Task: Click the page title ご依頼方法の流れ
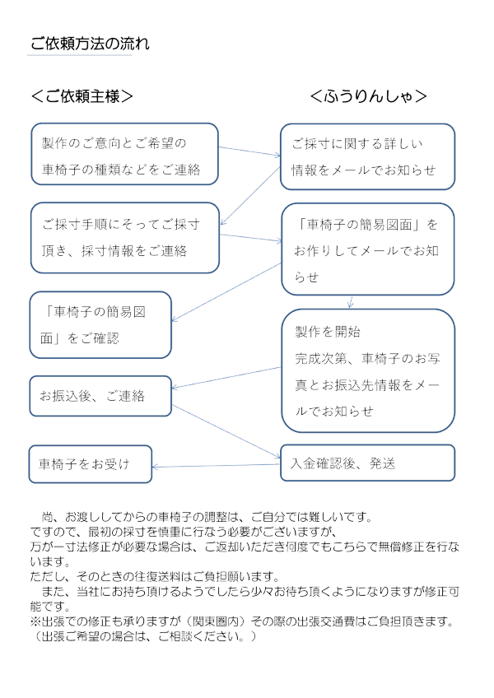(x=90, y=44)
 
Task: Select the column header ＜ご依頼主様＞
(x=82, y=96)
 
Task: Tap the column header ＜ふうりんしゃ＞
(x=368, y=96)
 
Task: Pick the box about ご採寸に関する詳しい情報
(x=367, y=157)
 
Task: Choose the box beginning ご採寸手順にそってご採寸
(x=124, y=237)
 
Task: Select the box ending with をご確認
(x=100, y=324)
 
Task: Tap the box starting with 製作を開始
(x=367, y=370)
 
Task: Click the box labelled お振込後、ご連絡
(x=100, y=396)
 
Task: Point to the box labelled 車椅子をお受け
(x=91, y=464)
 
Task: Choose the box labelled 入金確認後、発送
(x=367, y=463)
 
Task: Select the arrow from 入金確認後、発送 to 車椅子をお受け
(x=217, y=466)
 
